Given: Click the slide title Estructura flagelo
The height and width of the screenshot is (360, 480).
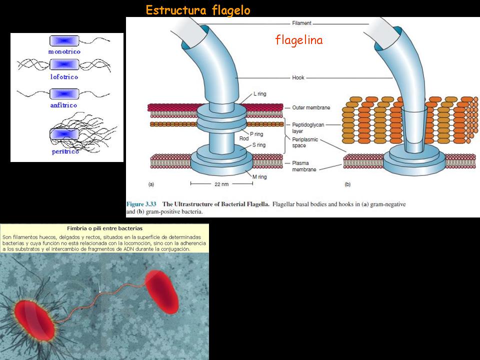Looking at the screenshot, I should point(198,10).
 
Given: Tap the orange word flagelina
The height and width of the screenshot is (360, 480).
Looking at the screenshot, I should point(299,40).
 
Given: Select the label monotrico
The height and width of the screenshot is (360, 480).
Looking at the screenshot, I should point(64,51).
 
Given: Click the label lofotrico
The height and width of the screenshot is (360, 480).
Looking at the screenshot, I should point(64,77).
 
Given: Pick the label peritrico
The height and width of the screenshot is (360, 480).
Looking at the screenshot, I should point(65,151).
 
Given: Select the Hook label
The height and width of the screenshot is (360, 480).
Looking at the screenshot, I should point(298,78).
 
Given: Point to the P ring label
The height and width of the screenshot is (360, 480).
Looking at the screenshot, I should point(256,134).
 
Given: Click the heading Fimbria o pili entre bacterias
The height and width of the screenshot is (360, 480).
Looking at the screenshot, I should point(104,228).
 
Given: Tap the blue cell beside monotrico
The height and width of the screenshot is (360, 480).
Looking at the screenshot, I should point(64,40).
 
